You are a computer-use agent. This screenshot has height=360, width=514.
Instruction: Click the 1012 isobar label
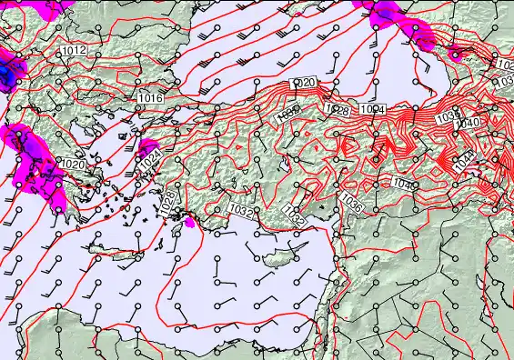[x=76, y=51]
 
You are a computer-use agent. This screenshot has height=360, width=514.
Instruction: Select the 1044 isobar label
[x=490, y=160]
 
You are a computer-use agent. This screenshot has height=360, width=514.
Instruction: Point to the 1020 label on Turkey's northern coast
[x=304, y=84]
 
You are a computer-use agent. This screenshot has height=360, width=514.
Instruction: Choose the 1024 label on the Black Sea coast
[x=371, y=110]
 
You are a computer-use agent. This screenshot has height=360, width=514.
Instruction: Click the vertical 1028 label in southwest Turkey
[x=168, y=202]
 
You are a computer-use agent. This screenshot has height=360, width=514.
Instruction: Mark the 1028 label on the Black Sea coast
[x=338, y=111]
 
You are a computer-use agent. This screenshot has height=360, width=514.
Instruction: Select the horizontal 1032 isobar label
[x=242, y=210]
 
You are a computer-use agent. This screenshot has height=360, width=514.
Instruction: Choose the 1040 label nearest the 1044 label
[x=468, y=123]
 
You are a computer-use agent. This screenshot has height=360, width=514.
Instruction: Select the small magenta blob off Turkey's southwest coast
[x=190, y=221]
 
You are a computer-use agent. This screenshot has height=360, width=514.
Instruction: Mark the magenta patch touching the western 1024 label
[x=146, y=147]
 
